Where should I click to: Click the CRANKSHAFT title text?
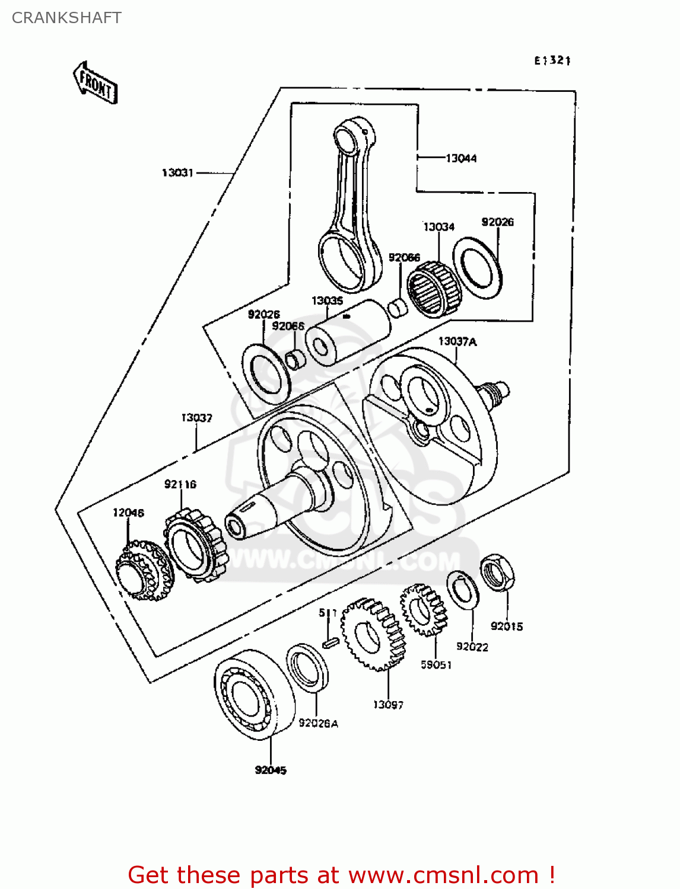[x=66, y=18]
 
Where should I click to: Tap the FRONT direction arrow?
[x=96, y=84]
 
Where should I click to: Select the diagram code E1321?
[x=552, y=60]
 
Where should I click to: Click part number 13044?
[x=461, y=158]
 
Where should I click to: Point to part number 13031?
[x=177, y=172]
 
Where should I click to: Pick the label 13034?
[x=438, y=227]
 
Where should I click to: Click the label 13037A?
[x=457, y=341]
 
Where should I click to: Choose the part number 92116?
[x=180, y=484]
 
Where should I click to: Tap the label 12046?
[x=128, y=513]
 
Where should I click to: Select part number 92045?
[x=271, y=770]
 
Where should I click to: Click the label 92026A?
[x=318, y=723]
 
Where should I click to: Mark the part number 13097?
[x=388, y=705]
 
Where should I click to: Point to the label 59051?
[x=436, y=665]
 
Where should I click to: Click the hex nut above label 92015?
[x=497, y=573]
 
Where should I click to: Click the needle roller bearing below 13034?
[x=434, y=290]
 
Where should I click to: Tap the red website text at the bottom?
[x=341, y=875]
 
